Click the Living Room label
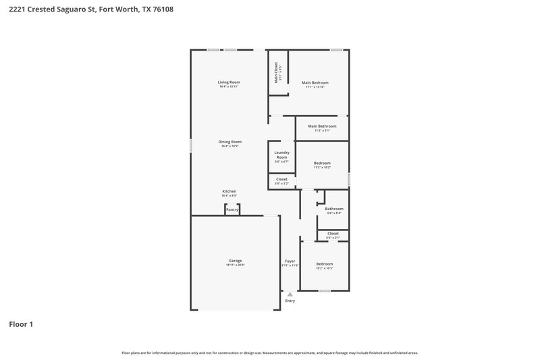(230, 82)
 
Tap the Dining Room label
(230, 142)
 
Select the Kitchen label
(230, 191)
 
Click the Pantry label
(232, 209)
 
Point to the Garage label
(235, 261)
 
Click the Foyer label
(290, 261)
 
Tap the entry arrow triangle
(290, 294)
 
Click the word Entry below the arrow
(290, 301)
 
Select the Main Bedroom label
(315, 82)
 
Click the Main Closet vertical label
(276, 73)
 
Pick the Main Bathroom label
(321, 126)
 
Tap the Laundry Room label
(281, 155)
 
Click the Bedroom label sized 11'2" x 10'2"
(322, 163)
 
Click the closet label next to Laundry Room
(281, 179)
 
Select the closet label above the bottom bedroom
(333, 233)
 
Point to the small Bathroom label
(334, 209)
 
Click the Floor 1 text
(21, 324)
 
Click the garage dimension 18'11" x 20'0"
(235, 265)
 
